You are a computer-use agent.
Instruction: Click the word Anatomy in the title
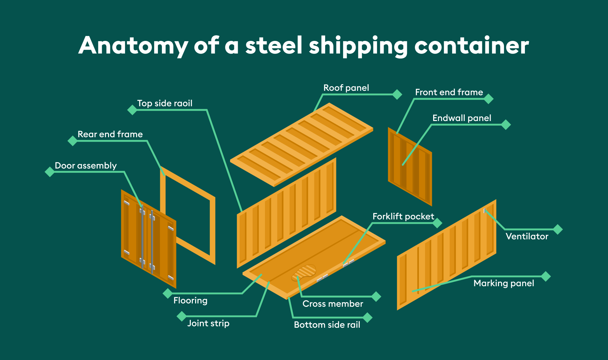133,46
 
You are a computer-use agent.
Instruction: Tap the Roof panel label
346,88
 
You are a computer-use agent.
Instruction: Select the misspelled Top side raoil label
165,103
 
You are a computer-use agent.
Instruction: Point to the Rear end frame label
110,134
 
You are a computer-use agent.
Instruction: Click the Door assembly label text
85,166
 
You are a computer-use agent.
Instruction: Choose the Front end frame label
449,92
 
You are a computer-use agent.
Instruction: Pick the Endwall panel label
461,118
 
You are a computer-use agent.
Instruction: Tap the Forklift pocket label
403,217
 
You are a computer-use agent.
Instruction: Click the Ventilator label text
527,236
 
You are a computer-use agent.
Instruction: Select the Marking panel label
504,283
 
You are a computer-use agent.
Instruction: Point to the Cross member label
332,304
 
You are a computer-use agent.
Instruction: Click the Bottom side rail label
327,325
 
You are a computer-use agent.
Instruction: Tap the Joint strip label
208,323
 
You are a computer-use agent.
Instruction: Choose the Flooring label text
190,300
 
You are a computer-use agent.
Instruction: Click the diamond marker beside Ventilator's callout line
557,229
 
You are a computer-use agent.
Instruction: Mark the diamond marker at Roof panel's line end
397,94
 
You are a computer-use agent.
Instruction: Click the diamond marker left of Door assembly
50,172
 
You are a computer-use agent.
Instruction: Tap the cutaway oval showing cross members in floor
304,272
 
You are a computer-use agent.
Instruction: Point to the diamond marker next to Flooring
168,294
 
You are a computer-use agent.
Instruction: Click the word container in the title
471,46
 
